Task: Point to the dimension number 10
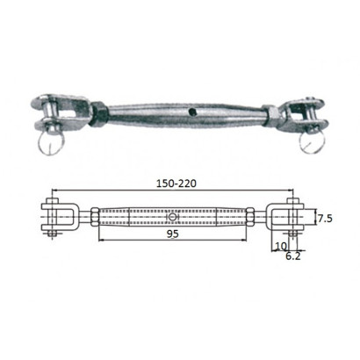coord(280,248)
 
